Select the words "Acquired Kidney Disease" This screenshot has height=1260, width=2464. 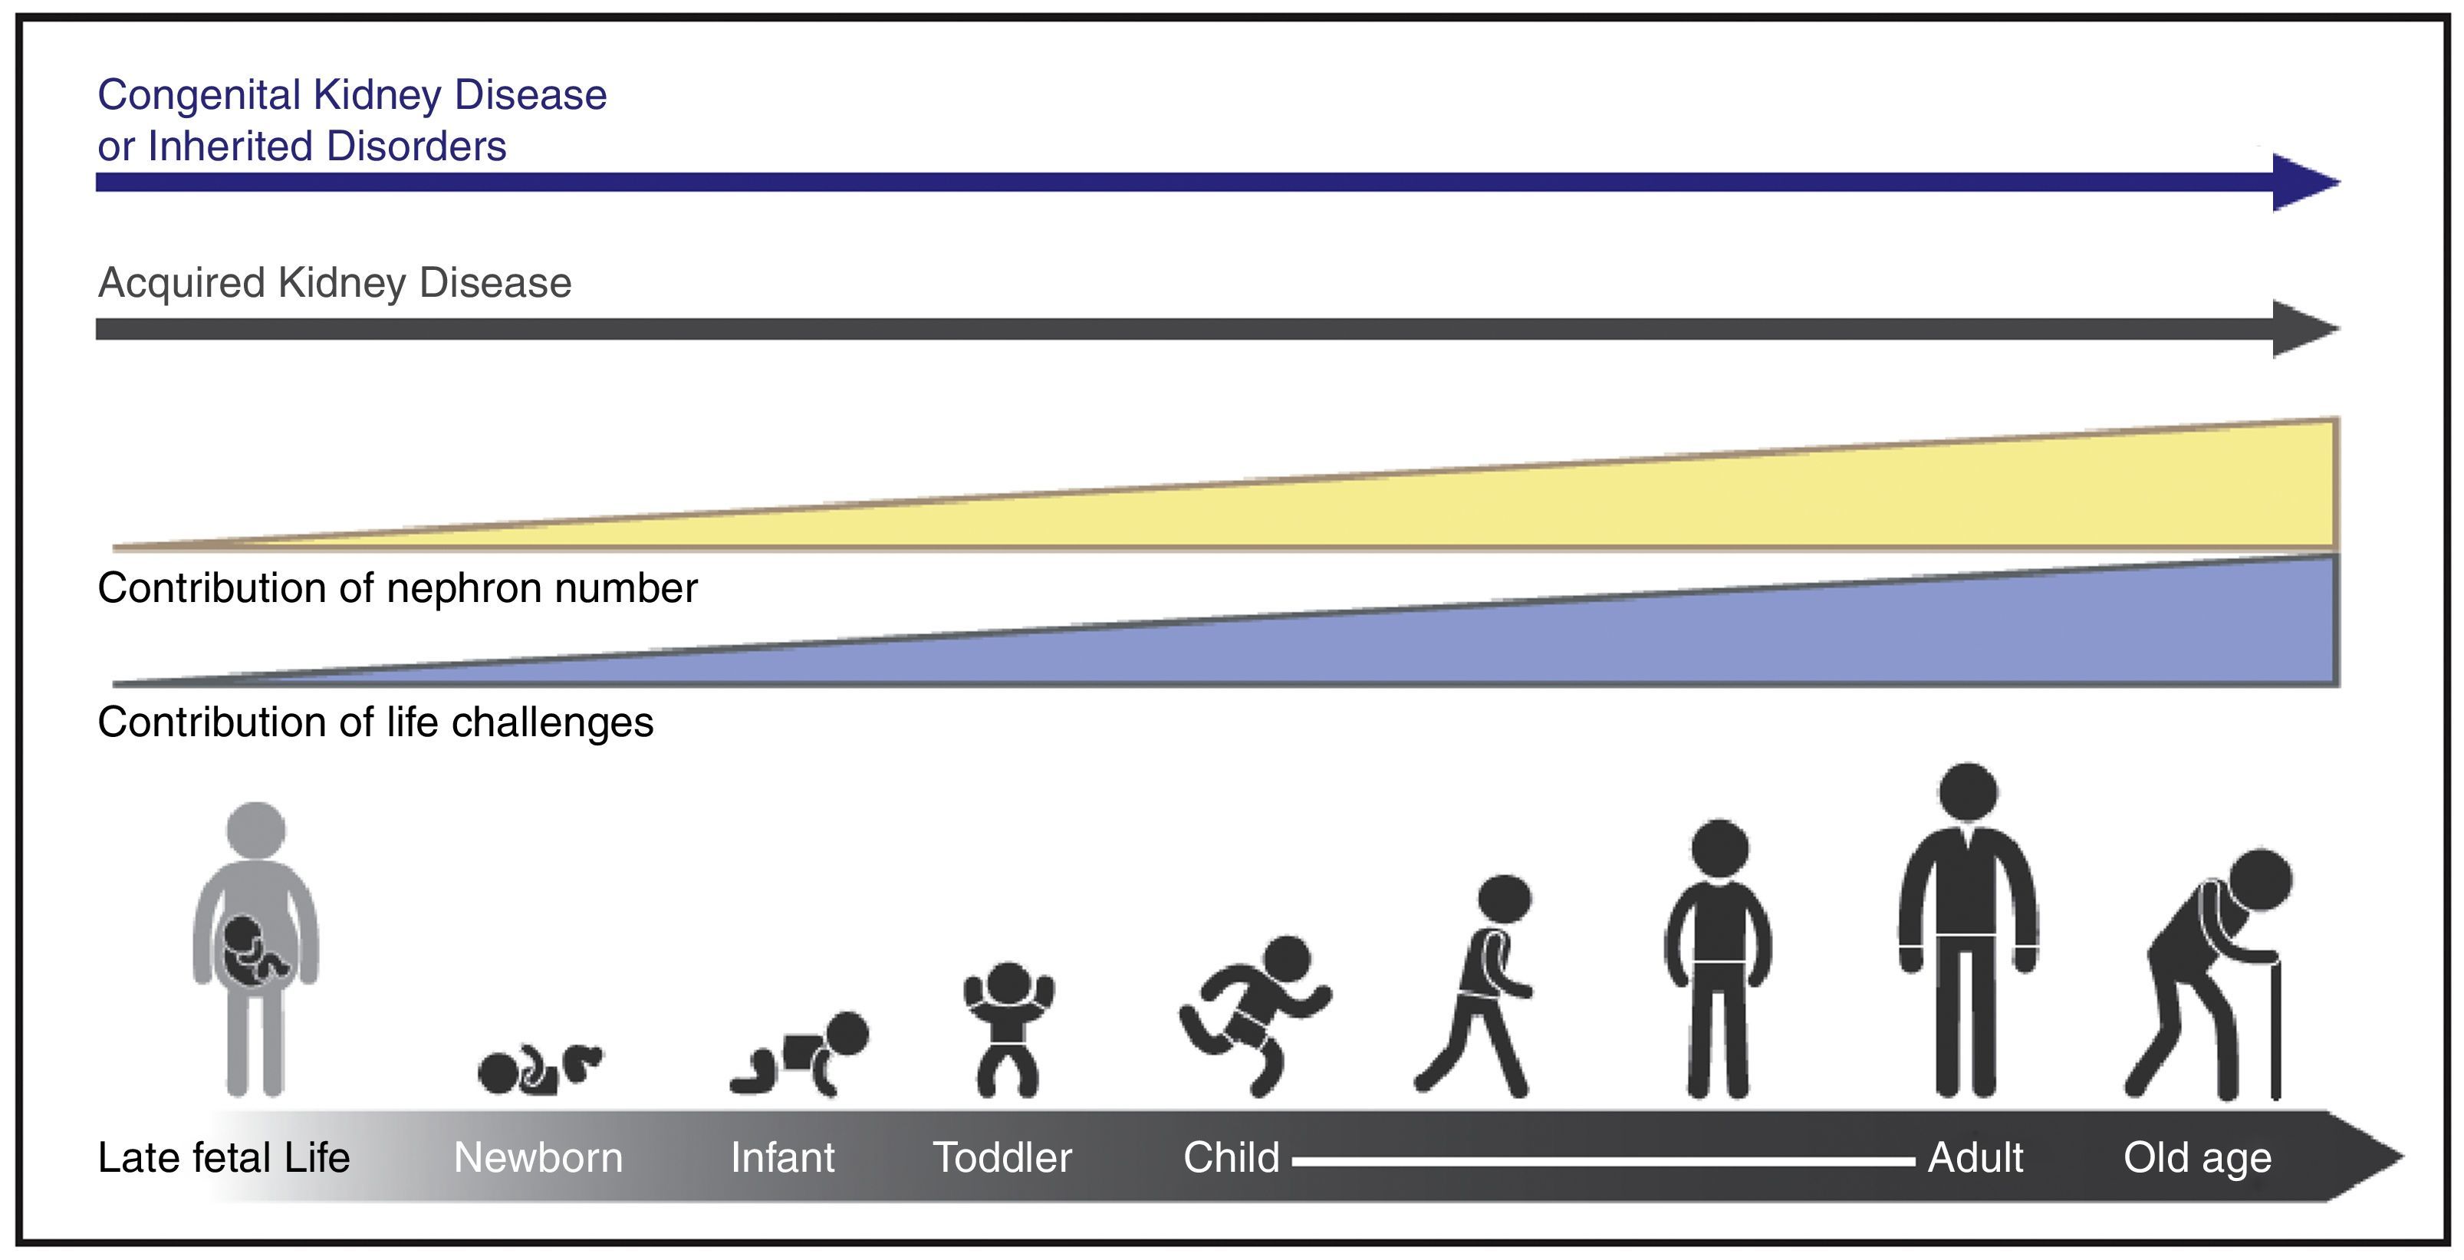point(335,283)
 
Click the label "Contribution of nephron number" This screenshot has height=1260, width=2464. point(397,588)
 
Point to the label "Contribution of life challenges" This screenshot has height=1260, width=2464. point(375,722)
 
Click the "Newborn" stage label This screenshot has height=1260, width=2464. point(538,1158)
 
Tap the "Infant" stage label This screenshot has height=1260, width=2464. point(782,1158)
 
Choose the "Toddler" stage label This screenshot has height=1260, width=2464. point(1002,1158)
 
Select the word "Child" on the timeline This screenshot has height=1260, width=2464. point(1231,1158)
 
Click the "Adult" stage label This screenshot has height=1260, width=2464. point(1975,1158)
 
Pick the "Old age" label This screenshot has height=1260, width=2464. point(2197,1158)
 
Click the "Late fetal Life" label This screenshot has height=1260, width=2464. point(224,1158)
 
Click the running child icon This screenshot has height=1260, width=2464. point(1253,1014)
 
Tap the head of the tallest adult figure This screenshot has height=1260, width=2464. point(1968,792)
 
